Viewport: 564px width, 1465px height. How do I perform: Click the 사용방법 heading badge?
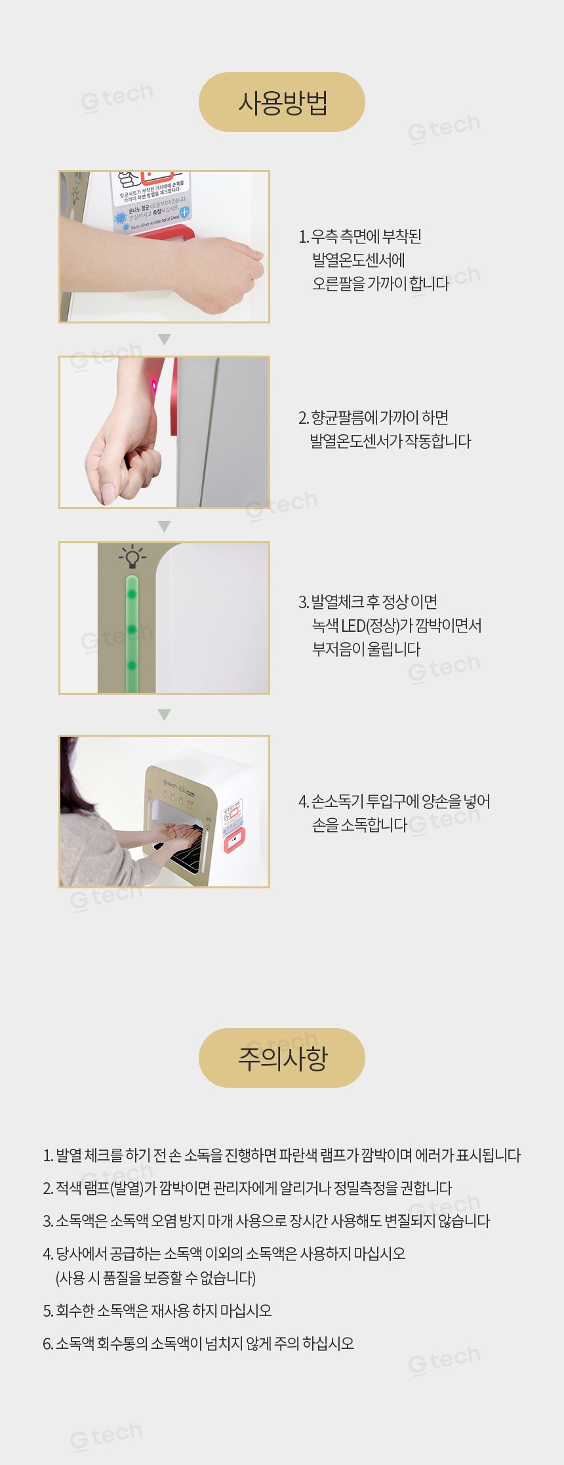pos(282,102)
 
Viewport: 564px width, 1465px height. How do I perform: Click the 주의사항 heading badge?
pos(282,1058)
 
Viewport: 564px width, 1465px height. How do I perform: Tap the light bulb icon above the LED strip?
pos(132,557)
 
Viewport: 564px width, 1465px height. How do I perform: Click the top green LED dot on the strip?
pos(132,594)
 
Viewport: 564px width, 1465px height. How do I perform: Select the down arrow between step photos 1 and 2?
pos(165,339)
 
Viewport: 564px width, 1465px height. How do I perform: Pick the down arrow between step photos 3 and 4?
pos(165,714)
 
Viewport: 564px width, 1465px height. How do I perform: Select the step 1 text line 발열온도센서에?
pos(359,260)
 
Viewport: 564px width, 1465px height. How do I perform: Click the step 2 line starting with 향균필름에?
pos(373,417)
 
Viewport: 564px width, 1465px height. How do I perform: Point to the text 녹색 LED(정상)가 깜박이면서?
pos(397,625)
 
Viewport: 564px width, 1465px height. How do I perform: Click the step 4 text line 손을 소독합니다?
pos(359,825)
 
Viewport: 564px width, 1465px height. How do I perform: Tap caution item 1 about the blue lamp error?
pos(282,1155)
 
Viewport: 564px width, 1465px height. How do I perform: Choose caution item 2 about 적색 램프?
pos(247,1188)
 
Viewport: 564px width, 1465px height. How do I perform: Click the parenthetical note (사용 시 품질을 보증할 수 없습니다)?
pos(155,1278)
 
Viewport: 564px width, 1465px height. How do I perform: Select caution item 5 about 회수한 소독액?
pos(157,1311)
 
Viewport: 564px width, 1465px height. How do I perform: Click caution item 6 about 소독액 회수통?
pos(198,1344)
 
